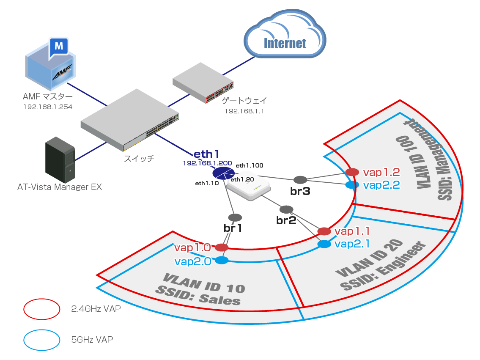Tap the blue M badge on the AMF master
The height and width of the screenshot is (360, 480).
[59, 47]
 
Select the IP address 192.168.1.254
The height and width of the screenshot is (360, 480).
[48, 107]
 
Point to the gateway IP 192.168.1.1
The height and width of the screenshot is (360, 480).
[244, 111]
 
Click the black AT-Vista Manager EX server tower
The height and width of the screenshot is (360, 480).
[60, 160]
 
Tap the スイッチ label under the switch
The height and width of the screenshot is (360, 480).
[139, 159]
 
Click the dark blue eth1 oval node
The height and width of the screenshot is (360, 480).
[224, 173]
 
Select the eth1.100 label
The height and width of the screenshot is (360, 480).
[250, 165]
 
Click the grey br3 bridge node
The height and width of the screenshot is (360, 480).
[300, 180]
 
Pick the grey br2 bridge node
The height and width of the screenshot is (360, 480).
[287, 209]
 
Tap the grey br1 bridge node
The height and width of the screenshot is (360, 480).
[235, 218]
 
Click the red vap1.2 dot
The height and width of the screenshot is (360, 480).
[352, 172]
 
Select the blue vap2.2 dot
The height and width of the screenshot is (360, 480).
[352, 185]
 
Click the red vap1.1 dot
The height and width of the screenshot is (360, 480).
[324, 231]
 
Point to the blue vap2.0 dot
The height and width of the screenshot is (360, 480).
[222, 260]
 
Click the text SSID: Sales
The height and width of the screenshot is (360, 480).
[198, 296]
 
